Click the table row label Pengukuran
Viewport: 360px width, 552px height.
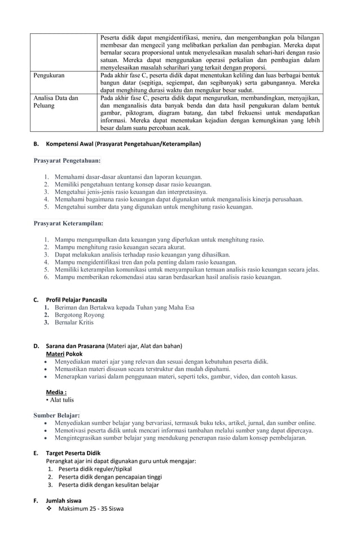49,74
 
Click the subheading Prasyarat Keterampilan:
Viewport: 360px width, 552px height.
68,223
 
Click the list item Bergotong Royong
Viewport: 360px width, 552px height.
80,315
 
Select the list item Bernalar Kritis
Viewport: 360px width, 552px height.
74,323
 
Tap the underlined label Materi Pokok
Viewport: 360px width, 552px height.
64,354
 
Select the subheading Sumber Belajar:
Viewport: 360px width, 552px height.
56,416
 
